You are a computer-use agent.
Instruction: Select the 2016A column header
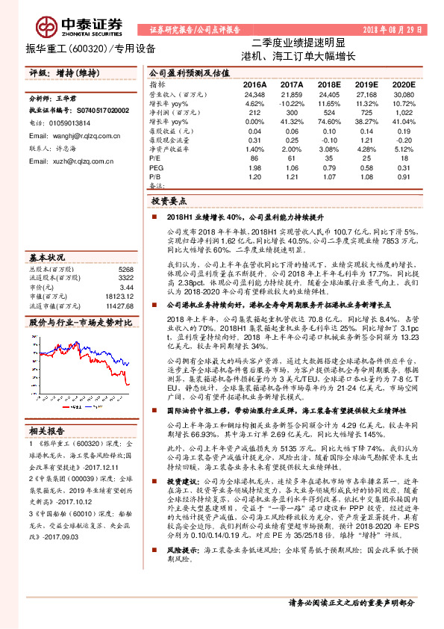click(254, 85)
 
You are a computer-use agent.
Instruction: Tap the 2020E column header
click(404, 85)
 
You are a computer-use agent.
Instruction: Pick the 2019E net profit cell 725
click(366, 112)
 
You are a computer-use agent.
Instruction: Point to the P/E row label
click(155, 159)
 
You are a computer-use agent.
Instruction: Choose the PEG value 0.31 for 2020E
click(404, 168)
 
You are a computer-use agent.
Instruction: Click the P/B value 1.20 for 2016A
click(254, 176)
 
